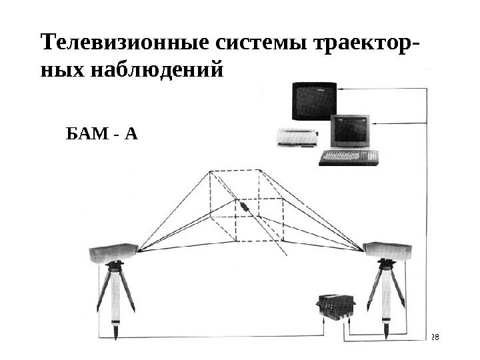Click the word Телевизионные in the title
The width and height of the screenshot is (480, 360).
[x=125, y=44]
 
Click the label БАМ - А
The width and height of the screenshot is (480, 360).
[x=102, y=135]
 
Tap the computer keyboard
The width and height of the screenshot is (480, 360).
[x=349, y=157]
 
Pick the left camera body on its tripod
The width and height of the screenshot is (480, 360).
[x=113, y=253]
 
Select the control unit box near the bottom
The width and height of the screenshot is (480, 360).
[x=335, y=307]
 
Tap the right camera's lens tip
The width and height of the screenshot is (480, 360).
[x=364, y=250]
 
